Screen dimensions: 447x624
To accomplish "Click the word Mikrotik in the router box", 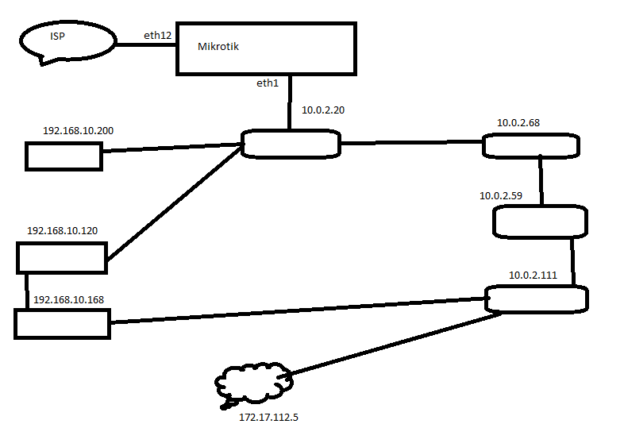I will (218, 47).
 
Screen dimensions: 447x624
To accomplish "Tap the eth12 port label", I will (158, 35).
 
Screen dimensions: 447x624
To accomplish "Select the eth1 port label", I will (267, 83).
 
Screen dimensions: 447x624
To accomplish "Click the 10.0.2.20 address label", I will (323, 110).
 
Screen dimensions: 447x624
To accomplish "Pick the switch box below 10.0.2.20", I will (291, 144).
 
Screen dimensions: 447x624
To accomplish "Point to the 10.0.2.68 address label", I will (518, 123).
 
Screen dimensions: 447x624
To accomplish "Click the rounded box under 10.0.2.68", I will (530, 145).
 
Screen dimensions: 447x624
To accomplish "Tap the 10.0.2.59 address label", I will (501, 195).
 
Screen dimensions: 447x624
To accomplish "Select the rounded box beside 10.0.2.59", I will (540, 222).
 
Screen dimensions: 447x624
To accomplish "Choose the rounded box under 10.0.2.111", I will (536, 299).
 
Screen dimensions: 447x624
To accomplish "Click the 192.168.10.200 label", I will (77, 129).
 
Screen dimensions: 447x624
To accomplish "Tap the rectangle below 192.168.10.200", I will (64, 156).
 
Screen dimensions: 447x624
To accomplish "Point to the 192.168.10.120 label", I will (62, 231).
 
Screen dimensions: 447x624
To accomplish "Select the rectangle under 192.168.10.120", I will (61, 258).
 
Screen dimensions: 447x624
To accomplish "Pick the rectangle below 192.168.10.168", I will (62, 324).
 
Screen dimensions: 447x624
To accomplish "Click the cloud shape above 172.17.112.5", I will (253, 385).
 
